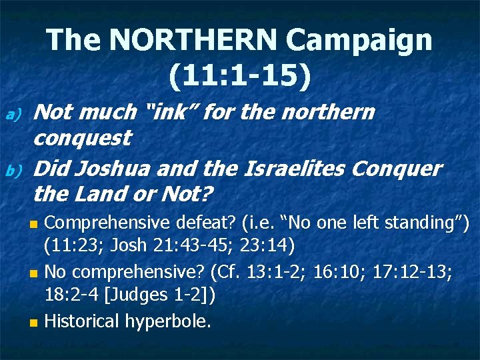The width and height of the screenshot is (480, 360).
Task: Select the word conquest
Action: coord(81,138)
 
